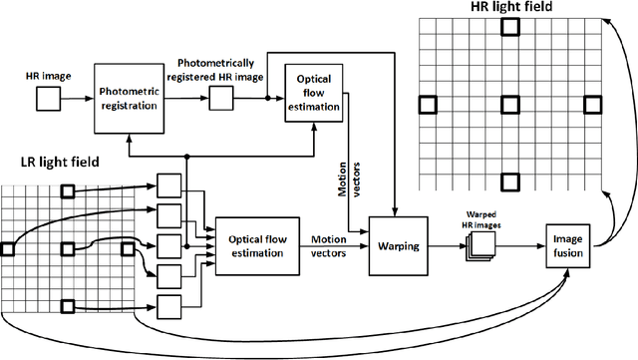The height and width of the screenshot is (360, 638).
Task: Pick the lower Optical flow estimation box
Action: click(x=257, y=245)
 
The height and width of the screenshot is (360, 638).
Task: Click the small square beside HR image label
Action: click(x=48, y=98)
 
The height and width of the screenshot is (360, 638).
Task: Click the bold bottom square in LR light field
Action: click(x=68, y=304)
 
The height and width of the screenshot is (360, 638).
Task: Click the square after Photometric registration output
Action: click(x=222, y=98)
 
